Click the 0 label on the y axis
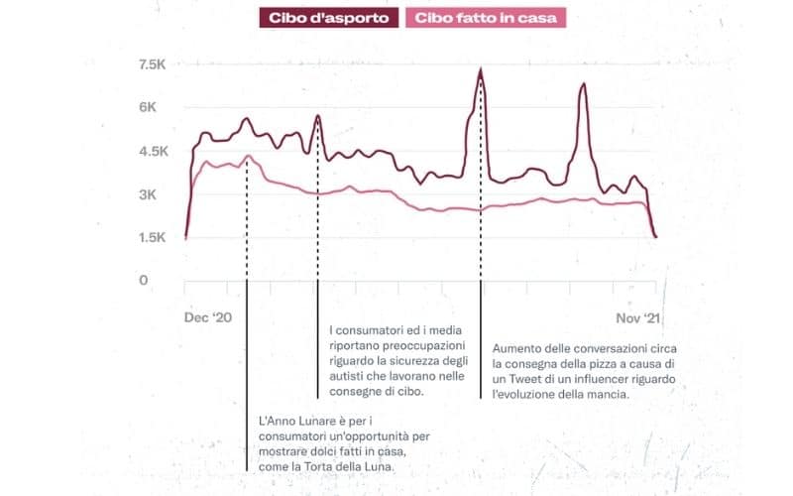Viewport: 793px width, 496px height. (143, 281)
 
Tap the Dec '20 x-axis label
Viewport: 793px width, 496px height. (209, 317)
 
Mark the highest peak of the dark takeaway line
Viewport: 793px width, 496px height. (481, 69)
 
